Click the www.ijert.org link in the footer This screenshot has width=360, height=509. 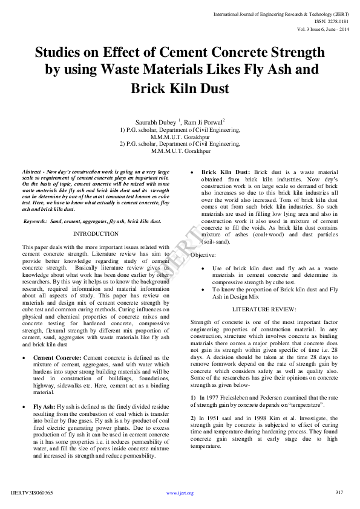coord(180,493)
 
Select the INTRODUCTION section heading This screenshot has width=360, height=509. coord(96,233)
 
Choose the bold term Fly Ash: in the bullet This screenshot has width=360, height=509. coord(44,407)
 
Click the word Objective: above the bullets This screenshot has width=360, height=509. coord(203,255)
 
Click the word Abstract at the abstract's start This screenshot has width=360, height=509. coord(31,172)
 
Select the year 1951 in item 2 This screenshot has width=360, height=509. coord(209,418)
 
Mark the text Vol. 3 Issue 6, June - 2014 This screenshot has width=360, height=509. coord(322,28)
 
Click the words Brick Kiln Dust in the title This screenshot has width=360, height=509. coord(180,88)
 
